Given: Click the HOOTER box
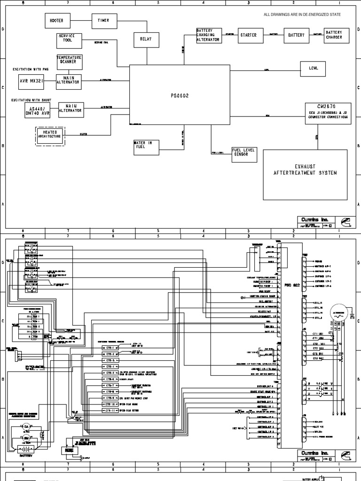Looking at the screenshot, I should pos(57,21).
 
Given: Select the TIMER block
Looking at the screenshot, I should pos(103,21).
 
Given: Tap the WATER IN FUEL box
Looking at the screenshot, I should pos(146,147).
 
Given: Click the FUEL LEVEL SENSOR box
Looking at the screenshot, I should pos(243,153).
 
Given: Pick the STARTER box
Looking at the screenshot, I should pos(248,35).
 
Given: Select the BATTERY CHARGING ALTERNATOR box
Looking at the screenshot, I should pos(208,35).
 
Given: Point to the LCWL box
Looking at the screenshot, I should pos(314,69).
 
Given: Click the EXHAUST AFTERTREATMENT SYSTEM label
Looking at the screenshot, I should pos(305,170).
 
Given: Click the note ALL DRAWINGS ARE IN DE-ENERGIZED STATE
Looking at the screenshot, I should pos(302,15).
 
